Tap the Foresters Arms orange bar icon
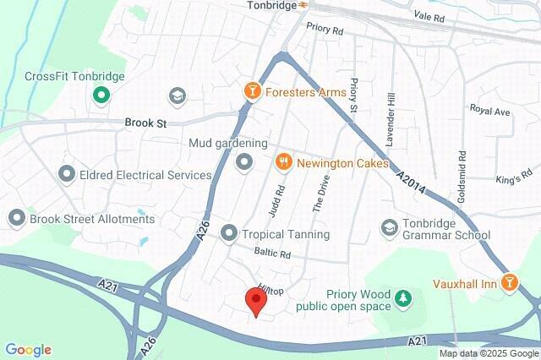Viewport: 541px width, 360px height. (251, 91)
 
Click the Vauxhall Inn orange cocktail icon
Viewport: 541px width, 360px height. (509, 282)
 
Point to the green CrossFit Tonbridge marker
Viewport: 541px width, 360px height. (101, 95)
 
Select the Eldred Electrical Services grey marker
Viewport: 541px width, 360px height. (67, 175)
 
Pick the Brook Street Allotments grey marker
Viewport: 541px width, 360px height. (16, 219)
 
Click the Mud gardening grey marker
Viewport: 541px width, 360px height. (243, 161)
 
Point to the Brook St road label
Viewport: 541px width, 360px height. (145, 123)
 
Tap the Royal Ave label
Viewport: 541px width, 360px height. (490, 111)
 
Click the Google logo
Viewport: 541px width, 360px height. (28, 350)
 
